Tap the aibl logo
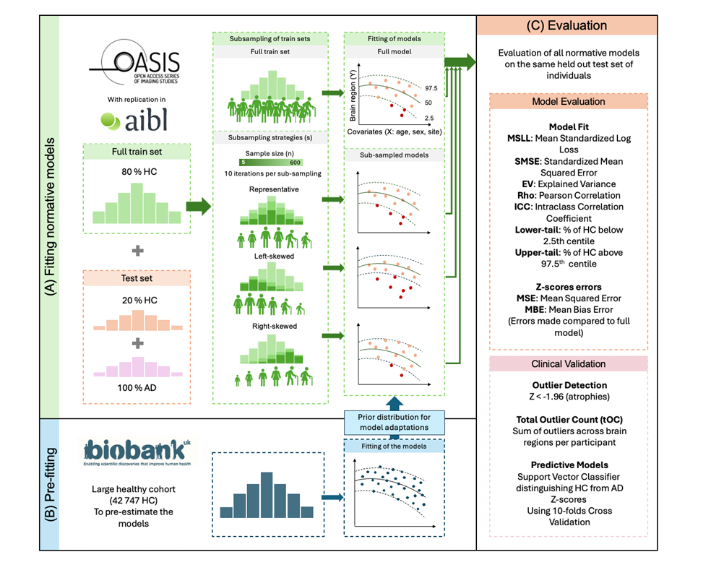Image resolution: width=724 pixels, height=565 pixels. coord(135,119)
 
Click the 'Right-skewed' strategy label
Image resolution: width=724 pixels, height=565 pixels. coord(270,326)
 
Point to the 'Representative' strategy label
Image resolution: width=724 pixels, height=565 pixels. coord(270,189)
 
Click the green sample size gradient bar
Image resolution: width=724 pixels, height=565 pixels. coord(270,163)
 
